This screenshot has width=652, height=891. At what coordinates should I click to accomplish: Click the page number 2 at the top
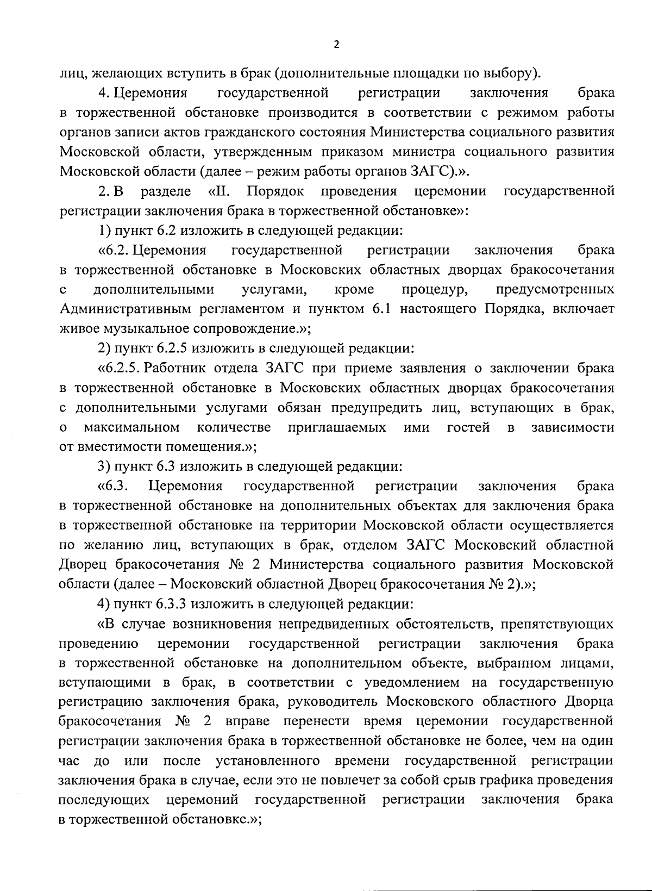point(336,45)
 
